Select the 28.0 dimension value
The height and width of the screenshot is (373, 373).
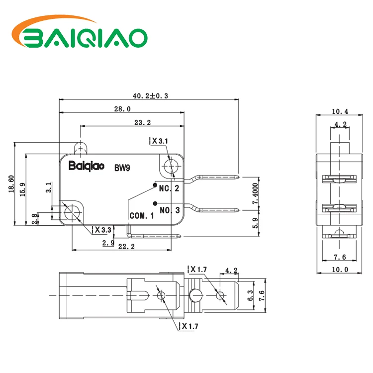pyautogui.click(x=122, y=109)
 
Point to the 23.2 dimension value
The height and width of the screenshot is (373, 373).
pyautogui.click(x=142, y=122)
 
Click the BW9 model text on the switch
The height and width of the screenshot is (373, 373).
pyautogui.click(x=122, y=168)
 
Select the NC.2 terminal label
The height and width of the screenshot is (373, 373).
pyautogui.click(x=169, y=188)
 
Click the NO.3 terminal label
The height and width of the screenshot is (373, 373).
pyautogui.click(x=170, y=210)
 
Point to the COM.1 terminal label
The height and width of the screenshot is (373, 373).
pyautogui.click(x=142, y=216)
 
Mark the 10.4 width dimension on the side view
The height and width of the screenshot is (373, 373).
pyautogui.click(x=340, y=111)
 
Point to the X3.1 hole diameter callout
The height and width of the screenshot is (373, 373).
pyautogui.click(x=160, y=141)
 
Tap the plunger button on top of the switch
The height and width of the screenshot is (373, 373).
pyautogui.click(x=80, y=147)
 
